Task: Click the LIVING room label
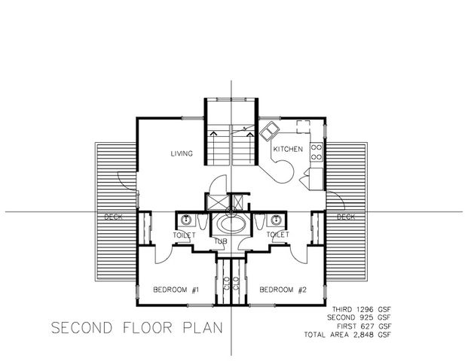pyautogui.click(x=181, y=154)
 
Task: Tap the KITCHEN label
pyautogui.click(x=287, y=149)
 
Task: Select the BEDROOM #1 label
pyautogui.click(x=175, y=290)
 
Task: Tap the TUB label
pyautogui.click(x=220, y=241)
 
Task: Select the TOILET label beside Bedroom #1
pyautogui.click(x=185, y=235)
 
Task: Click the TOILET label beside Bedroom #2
pyautogui.click(x=278, y=235)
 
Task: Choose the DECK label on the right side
pyautogui.click(x=346, y=217)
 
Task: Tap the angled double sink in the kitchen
pyautogui.click(x=268, y=132)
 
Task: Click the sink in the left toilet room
pyautogui.click(x=185, y=220)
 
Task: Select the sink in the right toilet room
pyautogui.click(x=277, y=220)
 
